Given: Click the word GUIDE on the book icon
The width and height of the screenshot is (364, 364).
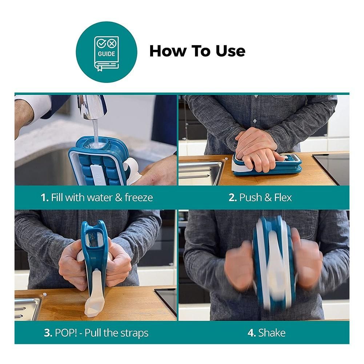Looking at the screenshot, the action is coord(106,54).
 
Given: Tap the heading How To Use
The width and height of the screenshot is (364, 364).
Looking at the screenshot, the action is coord(197,51).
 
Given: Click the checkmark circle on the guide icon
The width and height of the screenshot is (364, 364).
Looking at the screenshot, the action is coord(101,43).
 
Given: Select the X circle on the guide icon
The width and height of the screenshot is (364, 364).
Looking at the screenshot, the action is coord(112,43).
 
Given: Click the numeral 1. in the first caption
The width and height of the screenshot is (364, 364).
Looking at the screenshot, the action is coord(45,197).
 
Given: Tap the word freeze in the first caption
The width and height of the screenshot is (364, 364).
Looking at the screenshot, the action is coord(139,197).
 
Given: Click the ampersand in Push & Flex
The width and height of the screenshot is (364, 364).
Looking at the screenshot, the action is coord(268,197).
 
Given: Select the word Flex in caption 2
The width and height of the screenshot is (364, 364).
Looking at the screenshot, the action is coord(283,197).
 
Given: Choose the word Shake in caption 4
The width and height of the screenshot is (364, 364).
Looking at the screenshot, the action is coord(272,333).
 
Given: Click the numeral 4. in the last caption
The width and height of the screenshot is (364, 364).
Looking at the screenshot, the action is coord(252,333).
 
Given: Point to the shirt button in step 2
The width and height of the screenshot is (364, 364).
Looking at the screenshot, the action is coord(255,121).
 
